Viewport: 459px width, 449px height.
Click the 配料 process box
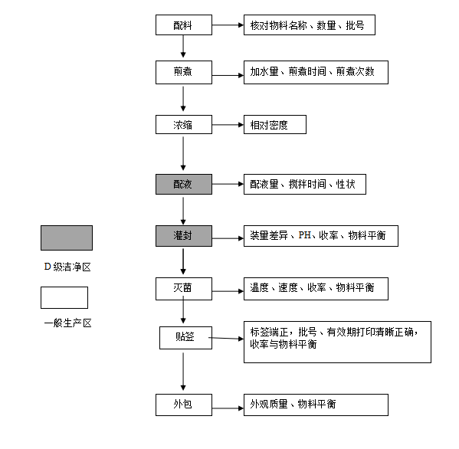pyautogui.click(x=184, y=25)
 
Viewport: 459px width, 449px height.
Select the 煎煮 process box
pyautogui.click(x=184, y=72)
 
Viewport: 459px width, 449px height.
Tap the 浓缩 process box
pyautogui.click(x=184, y=125)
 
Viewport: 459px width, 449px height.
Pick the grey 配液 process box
pyautogui.click(x=184, y=185)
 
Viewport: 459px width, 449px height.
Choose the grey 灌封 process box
pyautogui.click(x=184, y=236)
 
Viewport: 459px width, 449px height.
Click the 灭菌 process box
pyautogui.click(x=184, y=289)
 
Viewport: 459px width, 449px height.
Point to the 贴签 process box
pyautogui.click(x=185, y=338)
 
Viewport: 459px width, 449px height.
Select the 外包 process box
pyautogui.click(x=184, y=405)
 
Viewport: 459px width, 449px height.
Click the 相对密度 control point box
pyautogui.click(x=275, y=125)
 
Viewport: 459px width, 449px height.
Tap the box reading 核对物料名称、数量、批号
pyautogui.click(x=310, y=25)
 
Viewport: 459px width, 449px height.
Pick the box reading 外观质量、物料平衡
pyautogui.click(x=316, y=405)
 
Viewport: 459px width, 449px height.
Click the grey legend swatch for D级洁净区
pyautogui.click(x=67, y=238)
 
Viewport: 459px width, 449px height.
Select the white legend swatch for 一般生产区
pyautogui.click(x=64, y=298)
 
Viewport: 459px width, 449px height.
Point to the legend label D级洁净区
pyautogui.click(x=67, y=267)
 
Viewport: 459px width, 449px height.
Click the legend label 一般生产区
pyautogui.click(x=68, y=323)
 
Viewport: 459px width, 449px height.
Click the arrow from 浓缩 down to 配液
pyautogui.click(x=183, y=153)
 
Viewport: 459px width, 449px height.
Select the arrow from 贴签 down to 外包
pyautogui.click(x=183, y=372)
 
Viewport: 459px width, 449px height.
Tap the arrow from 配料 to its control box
pyautogui.click(x=228, y=25)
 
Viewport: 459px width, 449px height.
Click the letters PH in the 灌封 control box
pyautogui.click(x=304, y=235)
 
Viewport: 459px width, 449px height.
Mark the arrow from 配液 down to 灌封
pyautogui.click(x=183, y=211)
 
